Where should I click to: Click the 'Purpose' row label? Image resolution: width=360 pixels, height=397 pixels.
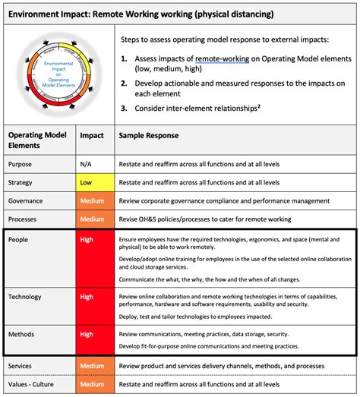21,164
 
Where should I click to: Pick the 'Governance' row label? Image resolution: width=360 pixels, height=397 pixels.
27,201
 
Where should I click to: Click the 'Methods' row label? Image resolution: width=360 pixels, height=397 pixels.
21,333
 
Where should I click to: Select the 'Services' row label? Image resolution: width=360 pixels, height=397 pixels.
21,366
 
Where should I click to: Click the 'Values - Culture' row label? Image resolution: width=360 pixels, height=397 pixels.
34,384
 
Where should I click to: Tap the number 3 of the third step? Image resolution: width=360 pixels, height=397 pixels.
123,108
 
